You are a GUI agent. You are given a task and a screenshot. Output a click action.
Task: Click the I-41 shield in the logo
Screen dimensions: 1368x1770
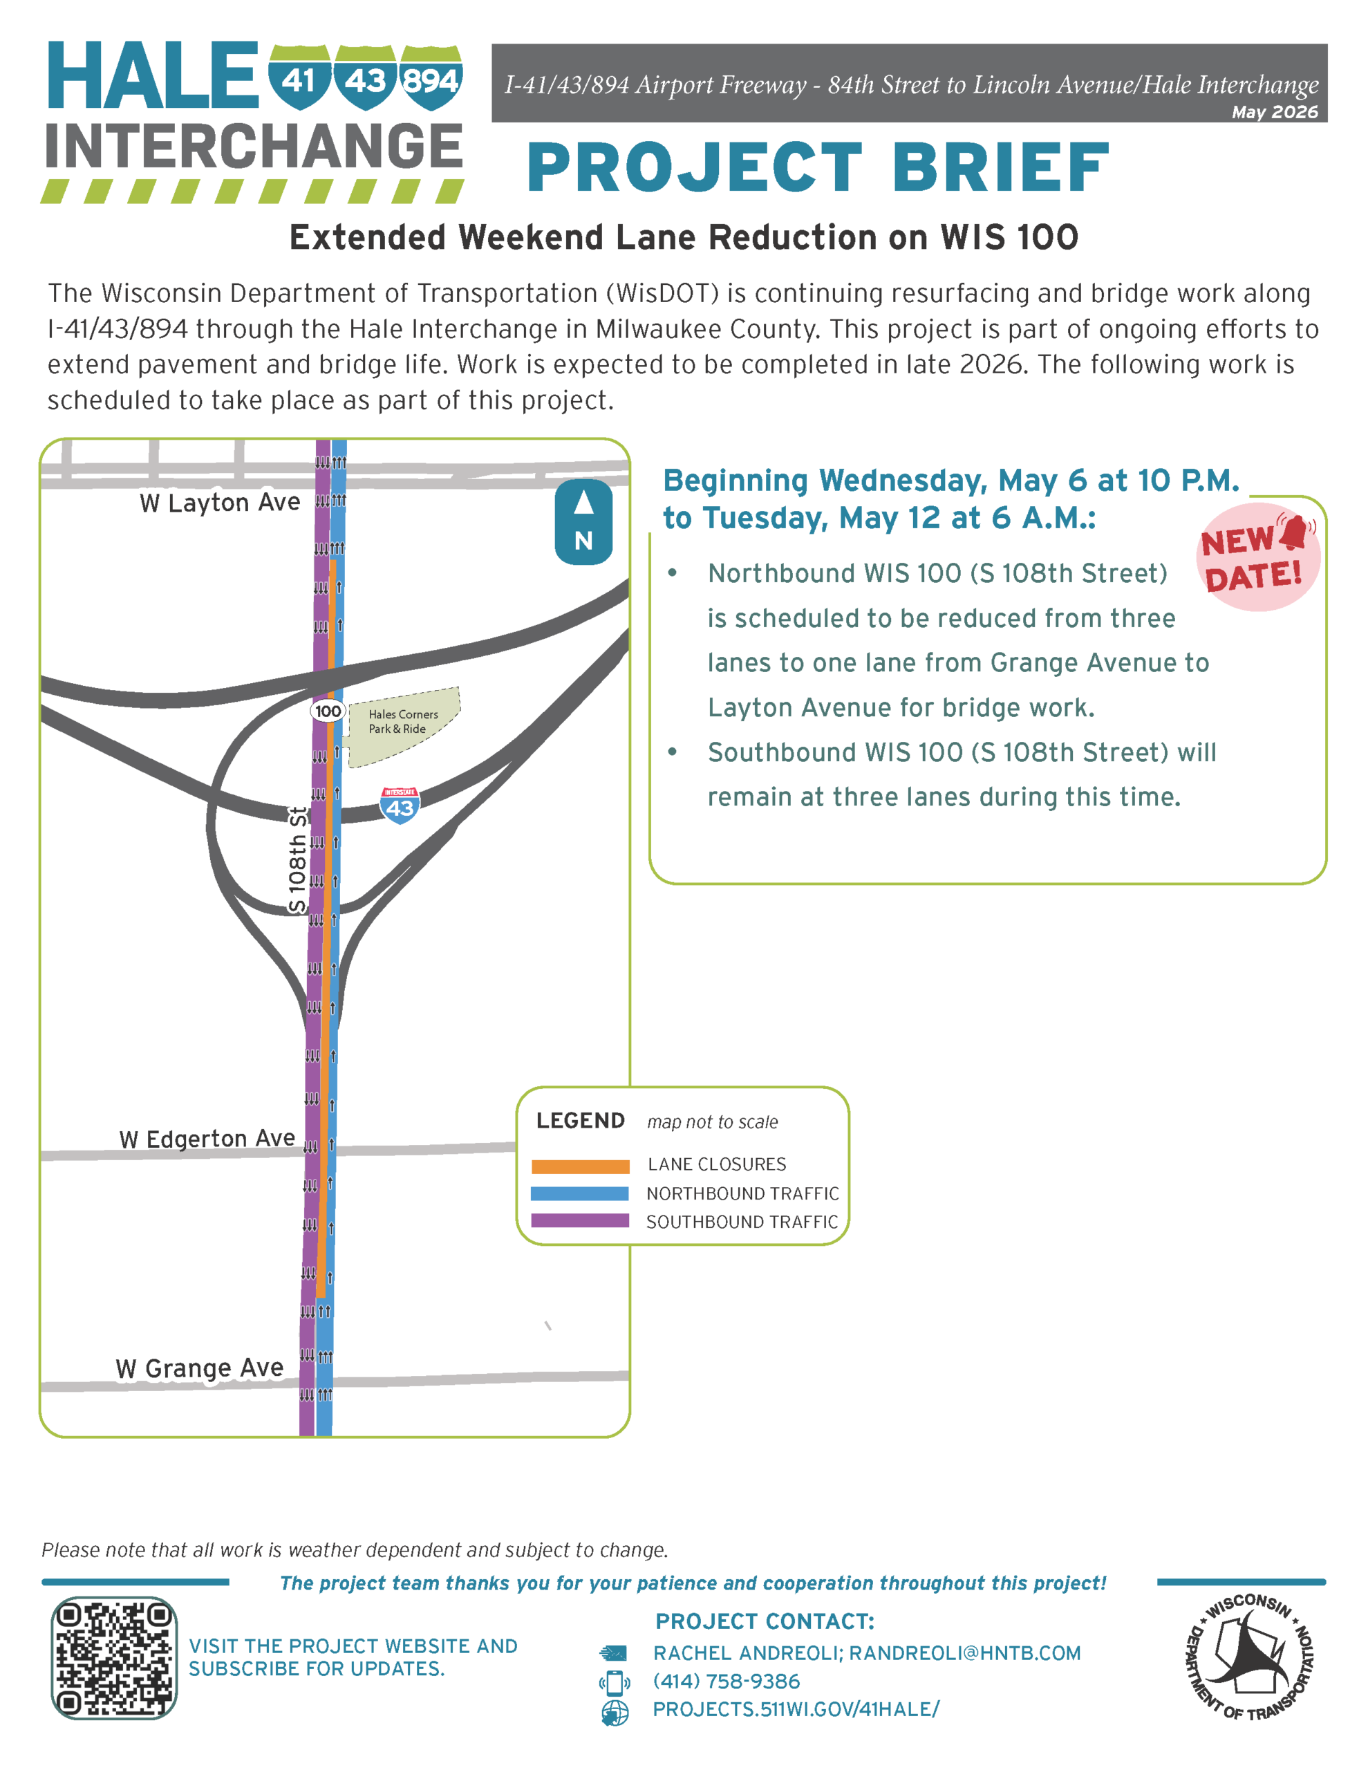299,77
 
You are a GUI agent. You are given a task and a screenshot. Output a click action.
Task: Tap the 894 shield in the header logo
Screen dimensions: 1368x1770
431,77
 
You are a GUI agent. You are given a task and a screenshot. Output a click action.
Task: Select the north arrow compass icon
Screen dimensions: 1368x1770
583,522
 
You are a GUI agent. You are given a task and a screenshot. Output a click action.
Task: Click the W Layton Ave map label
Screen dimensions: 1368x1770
220,503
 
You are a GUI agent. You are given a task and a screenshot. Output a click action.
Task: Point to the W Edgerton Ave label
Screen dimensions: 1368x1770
207,1139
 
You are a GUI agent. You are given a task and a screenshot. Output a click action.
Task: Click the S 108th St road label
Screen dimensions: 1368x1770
297,860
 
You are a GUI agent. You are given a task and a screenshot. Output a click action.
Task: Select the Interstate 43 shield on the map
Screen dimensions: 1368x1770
400,805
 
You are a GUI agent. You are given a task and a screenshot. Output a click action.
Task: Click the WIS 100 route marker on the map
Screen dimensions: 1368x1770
328,711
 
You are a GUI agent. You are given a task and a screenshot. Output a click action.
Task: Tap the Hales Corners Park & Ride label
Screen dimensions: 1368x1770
403,721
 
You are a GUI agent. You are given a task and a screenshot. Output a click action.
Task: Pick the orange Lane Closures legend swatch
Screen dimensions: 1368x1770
580,1167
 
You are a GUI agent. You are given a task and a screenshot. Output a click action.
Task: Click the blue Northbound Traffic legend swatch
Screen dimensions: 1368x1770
579,1194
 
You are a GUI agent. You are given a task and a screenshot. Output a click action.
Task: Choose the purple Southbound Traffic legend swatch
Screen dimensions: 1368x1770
579,1220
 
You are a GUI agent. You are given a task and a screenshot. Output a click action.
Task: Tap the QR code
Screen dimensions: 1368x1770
113,1658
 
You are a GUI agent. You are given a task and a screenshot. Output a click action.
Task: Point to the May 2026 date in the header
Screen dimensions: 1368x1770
1275,112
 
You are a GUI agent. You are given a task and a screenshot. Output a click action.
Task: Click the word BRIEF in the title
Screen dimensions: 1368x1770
1000,168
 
